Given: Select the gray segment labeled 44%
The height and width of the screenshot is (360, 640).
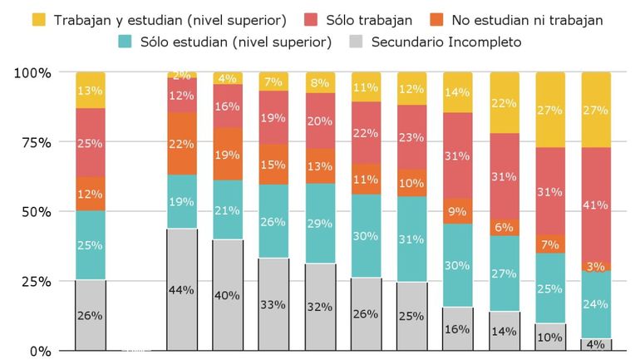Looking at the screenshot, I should [182, 289].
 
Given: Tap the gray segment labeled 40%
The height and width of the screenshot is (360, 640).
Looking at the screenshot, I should [228, 295].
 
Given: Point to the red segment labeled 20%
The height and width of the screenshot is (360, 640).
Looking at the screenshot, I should [321, 121].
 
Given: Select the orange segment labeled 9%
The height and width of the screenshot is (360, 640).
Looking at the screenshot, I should [456, 211].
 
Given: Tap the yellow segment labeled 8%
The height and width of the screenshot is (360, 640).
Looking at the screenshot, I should [321, 82].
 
